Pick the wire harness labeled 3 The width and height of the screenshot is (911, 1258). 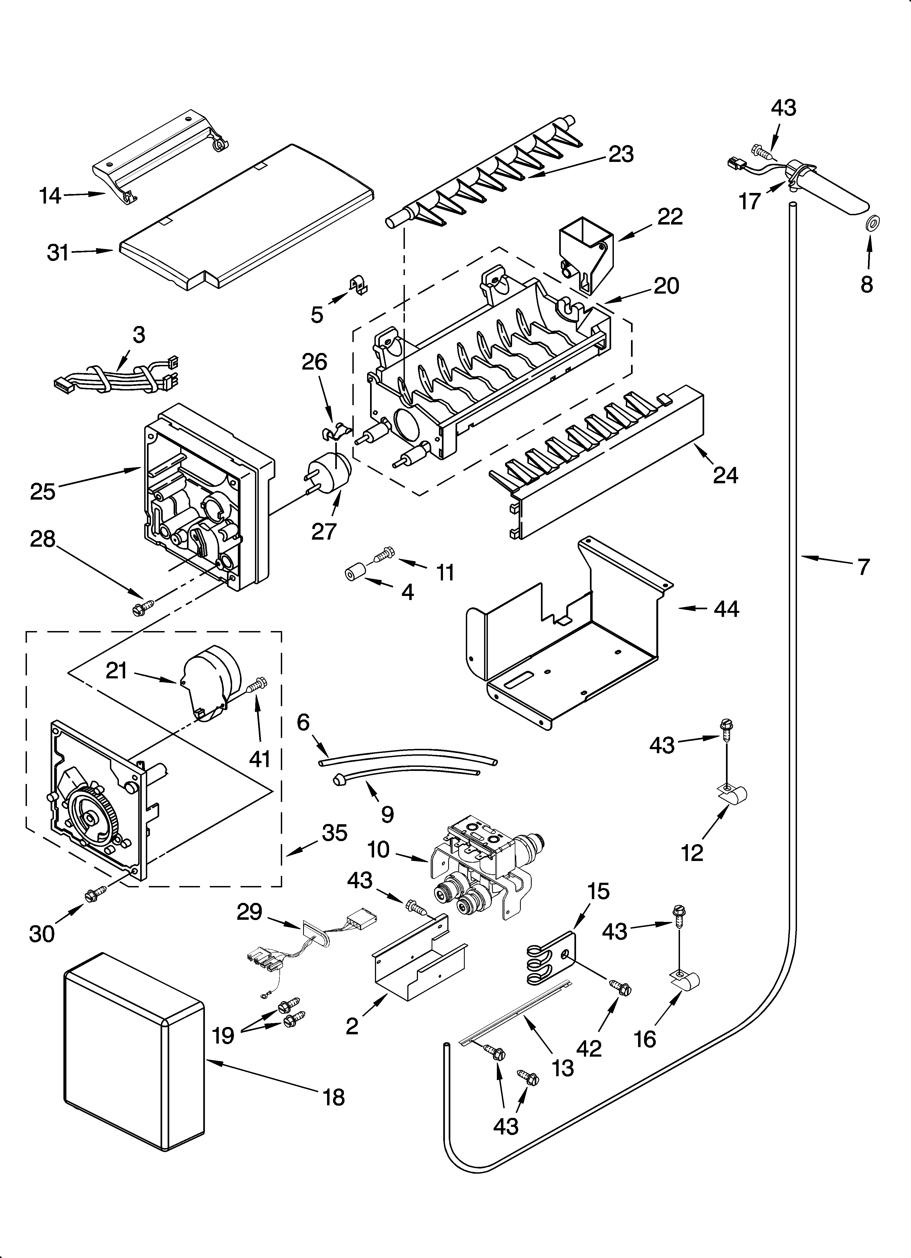(116, 377)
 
